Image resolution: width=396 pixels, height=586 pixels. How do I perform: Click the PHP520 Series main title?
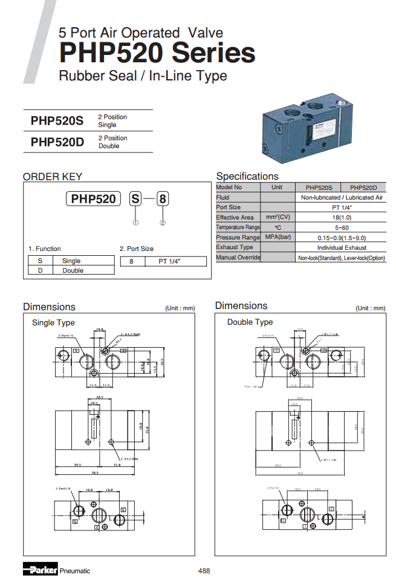tap(157, 53)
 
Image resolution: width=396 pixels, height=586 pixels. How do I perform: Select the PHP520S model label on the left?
tap(57, 120)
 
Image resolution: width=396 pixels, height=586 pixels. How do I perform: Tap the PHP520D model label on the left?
tap(57, 142)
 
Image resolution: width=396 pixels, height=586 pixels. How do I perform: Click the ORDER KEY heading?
tap(53, 177)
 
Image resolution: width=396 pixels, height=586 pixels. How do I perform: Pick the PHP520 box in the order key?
tap(93, 199)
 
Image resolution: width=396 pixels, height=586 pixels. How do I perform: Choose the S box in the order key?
tap(136, 199)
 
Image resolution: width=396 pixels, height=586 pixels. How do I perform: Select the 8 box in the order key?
tap(163, 199)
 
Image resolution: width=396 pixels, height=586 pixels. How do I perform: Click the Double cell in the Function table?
tap(73, 270)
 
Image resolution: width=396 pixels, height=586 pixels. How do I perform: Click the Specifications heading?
tap(247, 176)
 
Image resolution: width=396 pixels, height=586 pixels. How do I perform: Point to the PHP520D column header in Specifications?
tap(363, 187)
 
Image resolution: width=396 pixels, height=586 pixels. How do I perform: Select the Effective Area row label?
tap(235, 217)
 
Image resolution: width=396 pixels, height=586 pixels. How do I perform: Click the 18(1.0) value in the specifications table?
tap(342, 217)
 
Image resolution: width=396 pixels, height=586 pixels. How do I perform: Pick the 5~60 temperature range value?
tap(342, 227)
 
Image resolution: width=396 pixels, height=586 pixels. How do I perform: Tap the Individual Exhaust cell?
tap(342, 247)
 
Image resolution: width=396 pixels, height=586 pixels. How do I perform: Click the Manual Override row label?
tap(238, 258)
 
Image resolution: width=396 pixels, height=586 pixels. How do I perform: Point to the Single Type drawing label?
tap(53, 322)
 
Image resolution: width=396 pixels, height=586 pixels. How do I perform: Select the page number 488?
tap(204, 570)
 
